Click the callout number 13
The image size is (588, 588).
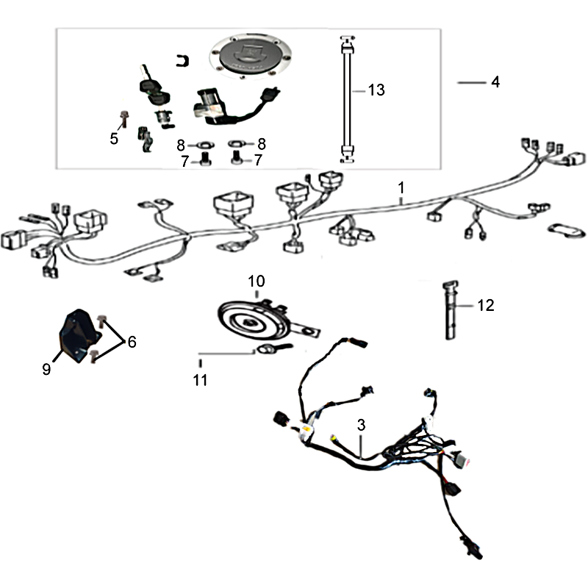(376, 90)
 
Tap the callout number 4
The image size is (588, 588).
(495, 82)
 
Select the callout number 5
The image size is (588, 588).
(114, 139)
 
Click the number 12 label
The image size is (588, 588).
(486, 306)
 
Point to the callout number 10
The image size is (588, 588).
(257, 281)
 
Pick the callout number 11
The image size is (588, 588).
(200, 380)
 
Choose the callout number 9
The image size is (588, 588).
(46, 370)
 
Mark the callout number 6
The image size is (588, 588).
(132, 342)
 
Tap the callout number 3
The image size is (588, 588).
(361, 426)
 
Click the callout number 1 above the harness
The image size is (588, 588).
(401, 187)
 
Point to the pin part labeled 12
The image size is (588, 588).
(451, 310)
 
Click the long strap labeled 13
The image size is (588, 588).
(347, 100)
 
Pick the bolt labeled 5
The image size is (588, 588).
(123, 119)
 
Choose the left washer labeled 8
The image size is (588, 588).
(205, 145)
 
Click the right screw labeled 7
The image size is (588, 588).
(235, 157)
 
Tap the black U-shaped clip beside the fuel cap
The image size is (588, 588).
(182, 61)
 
